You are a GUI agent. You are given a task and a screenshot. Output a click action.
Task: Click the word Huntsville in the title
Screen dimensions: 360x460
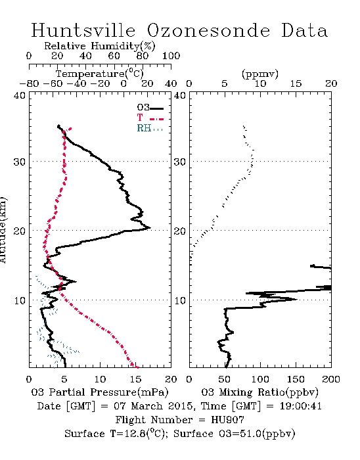click(x=83, y=30)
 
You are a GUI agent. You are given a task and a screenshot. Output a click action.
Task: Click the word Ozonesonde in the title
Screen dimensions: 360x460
click(x=208, y=30)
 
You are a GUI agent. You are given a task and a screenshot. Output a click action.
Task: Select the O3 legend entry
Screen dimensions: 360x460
click(x=150, y=108)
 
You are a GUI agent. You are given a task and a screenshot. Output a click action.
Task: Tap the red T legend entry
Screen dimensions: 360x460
click(x=150, y=118)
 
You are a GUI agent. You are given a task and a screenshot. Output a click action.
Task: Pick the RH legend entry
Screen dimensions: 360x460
click(x=150, y=128)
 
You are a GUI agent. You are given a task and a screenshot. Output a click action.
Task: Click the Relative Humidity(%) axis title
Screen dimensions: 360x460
click(x=100, y=46)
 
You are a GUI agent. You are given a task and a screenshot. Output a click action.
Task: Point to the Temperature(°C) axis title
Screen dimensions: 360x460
click(x=100, y=74)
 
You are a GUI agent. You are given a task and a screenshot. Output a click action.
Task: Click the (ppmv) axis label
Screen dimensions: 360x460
click(x=260, y=74)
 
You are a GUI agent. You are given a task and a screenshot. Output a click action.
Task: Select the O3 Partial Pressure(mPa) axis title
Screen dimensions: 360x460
click(x=100, y=392)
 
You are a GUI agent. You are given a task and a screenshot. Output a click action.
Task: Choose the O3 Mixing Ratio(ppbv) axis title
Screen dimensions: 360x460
click(x=259, y=392)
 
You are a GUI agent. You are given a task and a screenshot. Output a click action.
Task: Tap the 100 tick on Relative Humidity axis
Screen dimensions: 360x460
click(x=171, y=56)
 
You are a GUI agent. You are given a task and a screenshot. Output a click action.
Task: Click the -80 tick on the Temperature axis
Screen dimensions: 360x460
click(x=29, y=84)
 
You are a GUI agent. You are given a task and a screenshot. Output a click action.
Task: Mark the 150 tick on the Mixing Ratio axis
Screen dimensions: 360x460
click(x=296, y=379)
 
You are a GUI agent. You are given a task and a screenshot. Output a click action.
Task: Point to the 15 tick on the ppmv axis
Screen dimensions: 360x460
click(x=296, y=84)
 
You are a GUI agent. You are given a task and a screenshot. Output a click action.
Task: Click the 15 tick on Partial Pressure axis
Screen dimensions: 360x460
click(x=135, y=379)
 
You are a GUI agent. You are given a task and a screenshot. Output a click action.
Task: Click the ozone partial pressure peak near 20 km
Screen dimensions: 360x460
click(x=150, y=227)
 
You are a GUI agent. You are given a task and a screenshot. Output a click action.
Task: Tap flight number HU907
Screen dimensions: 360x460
click(x=227, y=420)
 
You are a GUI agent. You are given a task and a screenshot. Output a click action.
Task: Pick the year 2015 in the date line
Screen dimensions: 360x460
click(x=181, y=406)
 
